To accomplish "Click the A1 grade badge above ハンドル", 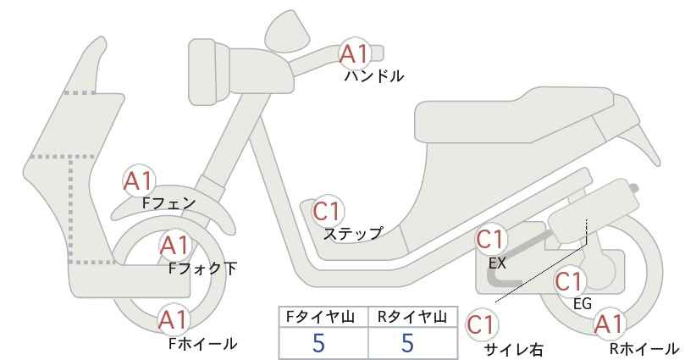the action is click(355, 53).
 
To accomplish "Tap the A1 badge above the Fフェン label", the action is click(139, 180).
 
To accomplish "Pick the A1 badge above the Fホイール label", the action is click(174, 319).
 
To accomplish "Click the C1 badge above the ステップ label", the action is click(327, 212).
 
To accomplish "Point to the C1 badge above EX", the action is click(490, 240).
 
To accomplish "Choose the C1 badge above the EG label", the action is click(569, 281).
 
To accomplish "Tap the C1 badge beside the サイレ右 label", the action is click(481, 325).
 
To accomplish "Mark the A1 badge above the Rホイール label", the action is click(610, 324).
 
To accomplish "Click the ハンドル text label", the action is click(374, 76).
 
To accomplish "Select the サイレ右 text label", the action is click(514, 350).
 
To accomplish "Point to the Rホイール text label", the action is click(644, 349).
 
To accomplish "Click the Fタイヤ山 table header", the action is click(320, 317).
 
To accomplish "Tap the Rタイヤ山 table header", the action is click(412, 317).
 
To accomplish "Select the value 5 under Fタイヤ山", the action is click(318, 343).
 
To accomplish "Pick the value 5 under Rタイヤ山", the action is click(407, 343).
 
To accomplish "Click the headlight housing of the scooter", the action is click(208, 72).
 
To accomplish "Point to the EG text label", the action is click(583, 304).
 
